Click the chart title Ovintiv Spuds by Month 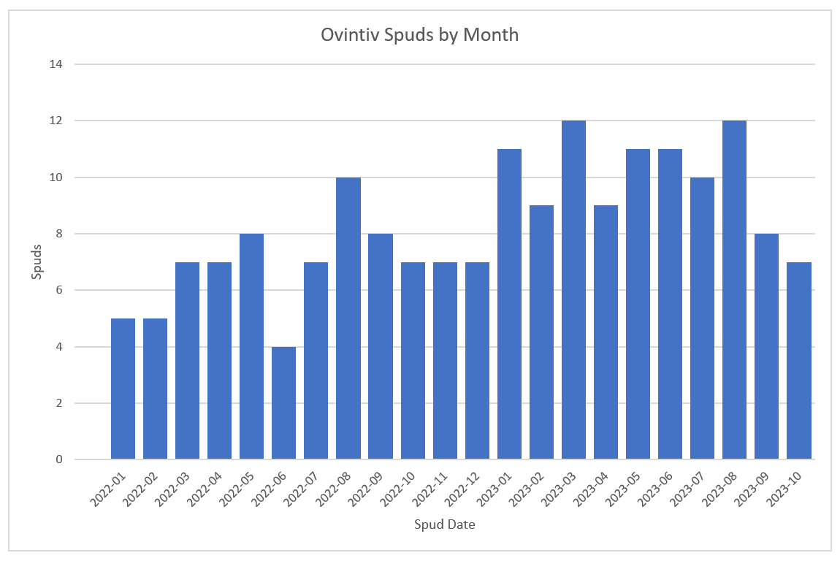coord(420,35)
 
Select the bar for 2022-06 coord(283,403)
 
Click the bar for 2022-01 coord(123,389)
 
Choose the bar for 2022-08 coord(348,318)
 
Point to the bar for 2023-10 coord(798,361)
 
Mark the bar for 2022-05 coord(251,346)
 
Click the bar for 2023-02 coord(541,332)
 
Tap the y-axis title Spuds coord(37,262)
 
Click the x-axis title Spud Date coord(444,524)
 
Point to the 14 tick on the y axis coord(57,64)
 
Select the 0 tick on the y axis coord(59,459)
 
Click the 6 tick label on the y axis coord(59,290)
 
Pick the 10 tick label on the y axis coord(57,178)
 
